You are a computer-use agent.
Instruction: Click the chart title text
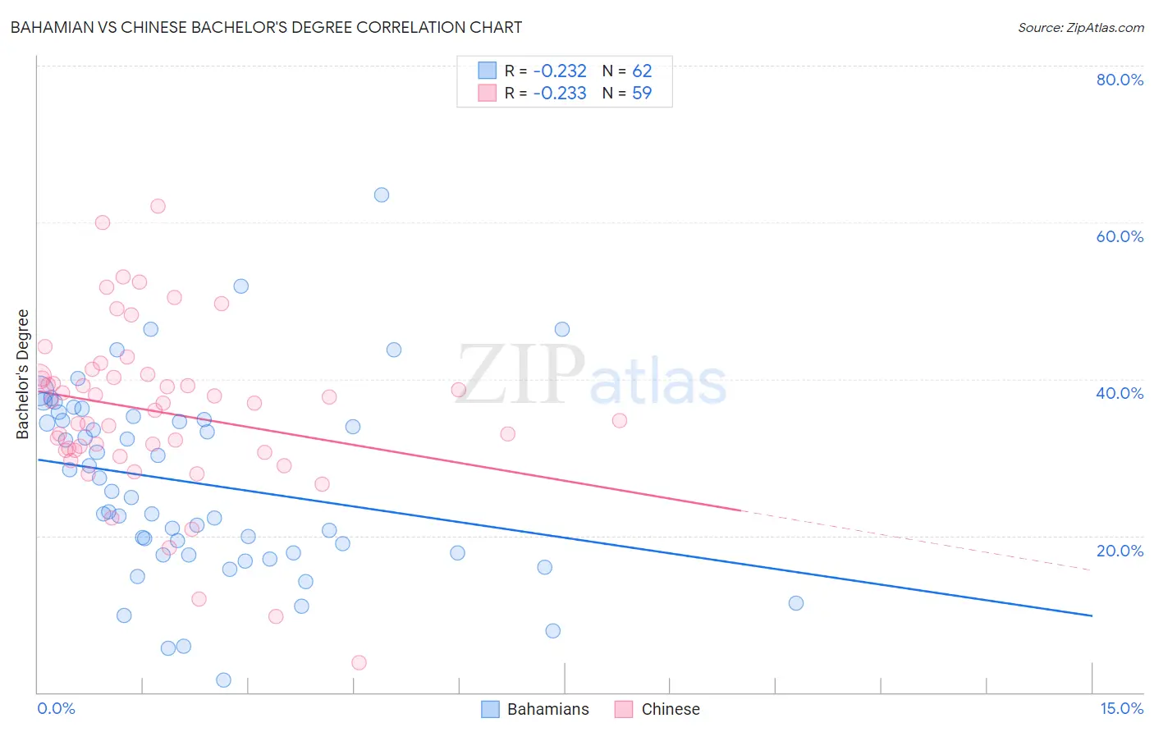point(266,27)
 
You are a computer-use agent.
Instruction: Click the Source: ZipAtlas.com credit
point(1080,27)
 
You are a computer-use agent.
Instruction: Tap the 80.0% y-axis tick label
point(1120,80)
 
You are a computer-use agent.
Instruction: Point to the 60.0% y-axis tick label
point(1120,236)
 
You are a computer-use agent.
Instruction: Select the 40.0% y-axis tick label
point(1120,393)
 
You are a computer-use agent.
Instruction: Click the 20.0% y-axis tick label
point(1120,550)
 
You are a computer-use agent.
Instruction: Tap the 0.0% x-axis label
point(56,708)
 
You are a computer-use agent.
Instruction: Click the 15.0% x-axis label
point(1121,708)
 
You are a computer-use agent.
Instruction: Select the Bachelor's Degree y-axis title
point(23,374)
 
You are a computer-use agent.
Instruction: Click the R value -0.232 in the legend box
point(560,71)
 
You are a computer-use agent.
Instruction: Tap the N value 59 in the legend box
point(642,94)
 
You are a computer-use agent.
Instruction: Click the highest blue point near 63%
point(382,195)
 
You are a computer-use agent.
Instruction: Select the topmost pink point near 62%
point(158,206)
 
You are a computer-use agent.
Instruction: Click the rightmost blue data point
point(796,603)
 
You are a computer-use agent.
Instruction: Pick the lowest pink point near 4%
point(359,662)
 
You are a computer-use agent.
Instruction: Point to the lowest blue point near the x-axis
point(223,679)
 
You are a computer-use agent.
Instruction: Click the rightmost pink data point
point(620,420)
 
